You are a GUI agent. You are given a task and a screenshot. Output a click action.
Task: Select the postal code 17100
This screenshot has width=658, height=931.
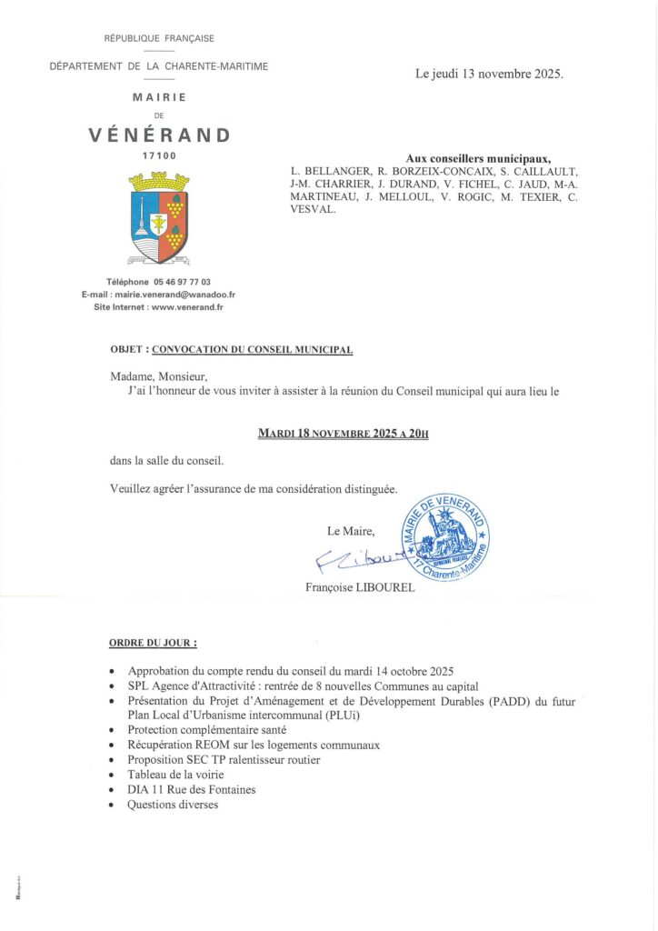(159, 156)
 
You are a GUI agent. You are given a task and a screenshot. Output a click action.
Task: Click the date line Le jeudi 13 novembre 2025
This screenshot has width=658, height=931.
(489, 74)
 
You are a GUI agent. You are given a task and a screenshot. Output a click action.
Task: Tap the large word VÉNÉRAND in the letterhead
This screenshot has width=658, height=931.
(159, 135)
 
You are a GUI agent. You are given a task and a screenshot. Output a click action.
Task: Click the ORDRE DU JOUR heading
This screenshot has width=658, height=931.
(153, 643)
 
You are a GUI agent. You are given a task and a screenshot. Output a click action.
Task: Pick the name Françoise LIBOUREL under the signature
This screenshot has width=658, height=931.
(361, 587)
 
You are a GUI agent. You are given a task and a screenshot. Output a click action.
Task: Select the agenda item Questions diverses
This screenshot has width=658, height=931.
(173, 805)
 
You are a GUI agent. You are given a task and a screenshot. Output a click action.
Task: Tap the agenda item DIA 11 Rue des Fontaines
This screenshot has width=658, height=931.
(191, 789)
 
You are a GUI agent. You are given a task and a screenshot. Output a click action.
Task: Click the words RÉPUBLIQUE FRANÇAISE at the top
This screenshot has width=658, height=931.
(159, 38)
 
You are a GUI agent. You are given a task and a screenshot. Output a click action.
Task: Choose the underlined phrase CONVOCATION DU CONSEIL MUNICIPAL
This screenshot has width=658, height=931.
(252, 349)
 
